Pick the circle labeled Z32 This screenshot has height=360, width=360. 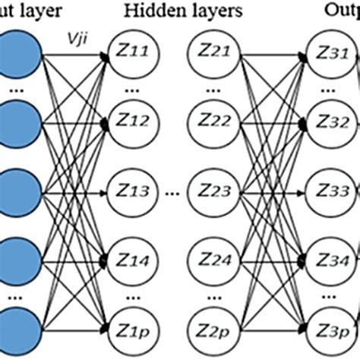(x=330, y=119)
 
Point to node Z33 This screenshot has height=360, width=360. (x=330, y=187)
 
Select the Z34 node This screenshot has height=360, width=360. (x=330, y=263)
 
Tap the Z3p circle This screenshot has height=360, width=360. (x=330, y=327)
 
